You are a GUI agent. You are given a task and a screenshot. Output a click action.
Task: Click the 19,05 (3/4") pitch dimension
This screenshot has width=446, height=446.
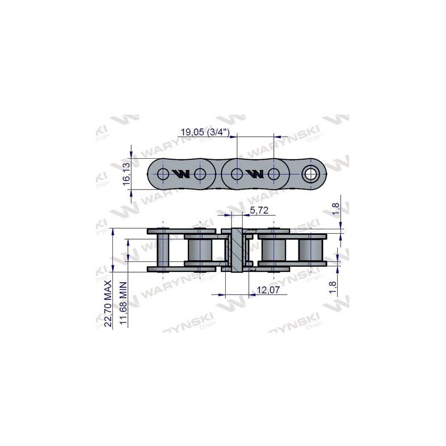[205, 132]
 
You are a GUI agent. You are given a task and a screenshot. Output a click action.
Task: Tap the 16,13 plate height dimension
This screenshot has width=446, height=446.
[126, 174]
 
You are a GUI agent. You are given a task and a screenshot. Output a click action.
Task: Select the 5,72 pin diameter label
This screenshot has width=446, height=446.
[259, 210]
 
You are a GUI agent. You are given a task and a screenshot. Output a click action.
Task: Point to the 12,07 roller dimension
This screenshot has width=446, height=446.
[268, 290]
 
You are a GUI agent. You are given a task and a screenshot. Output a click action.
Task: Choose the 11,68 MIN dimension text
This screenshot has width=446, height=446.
[123, 303]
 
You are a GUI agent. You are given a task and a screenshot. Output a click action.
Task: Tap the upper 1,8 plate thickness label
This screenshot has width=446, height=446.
[336, 209]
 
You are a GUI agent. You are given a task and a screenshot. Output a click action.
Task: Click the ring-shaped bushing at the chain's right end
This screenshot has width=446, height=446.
[311, 174]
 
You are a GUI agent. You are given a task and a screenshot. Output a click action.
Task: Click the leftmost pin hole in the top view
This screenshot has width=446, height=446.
[163, 174]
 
